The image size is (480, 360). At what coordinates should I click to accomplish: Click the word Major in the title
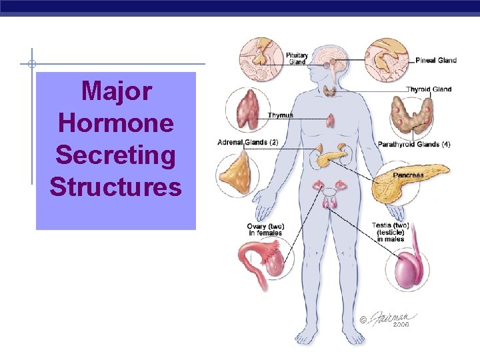point(116,91)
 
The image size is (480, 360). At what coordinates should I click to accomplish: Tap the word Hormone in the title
point(116,123)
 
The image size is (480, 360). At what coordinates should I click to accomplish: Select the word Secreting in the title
point(116,155)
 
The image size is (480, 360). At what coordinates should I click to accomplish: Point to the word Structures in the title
point(115,187)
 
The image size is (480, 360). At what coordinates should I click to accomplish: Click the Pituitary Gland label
point(297,58)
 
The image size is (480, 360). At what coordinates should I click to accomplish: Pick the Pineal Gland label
point(436,60)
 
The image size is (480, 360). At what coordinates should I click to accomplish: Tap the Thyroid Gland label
point(429,89)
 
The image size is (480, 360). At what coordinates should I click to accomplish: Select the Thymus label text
point(280,115)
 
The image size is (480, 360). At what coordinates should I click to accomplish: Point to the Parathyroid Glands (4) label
point(414,144)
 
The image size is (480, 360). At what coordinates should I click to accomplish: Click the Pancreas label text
point(408,175)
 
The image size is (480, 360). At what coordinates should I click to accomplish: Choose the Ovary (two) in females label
point(265,230)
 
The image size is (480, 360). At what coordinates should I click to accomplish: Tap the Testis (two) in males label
point(391,232)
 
